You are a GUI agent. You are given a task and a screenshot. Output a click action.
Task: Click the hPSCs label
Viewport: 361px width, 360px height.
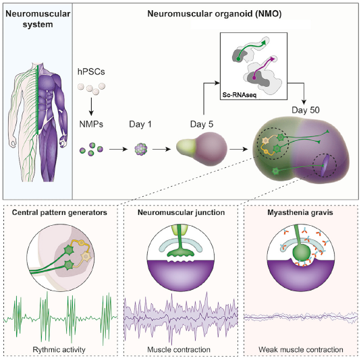point(91,71)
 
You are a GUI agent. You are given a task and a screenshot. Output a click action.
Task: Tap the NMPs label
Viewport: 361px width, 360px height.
point(91,124)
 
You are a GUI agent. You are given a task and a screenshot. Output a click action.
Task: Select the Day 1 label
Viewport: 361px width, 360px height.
point(140,124)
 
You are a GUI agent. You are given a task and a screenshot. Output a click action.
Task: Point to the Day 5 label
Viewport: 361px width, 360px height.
point(202,124)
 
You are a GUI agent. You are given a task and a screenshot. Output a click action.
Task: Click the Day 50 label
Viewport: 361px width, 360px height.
point(306,110)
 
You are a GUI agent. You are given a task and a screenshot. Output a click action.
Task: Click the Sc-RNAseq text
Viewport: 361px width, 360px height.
point(240,95)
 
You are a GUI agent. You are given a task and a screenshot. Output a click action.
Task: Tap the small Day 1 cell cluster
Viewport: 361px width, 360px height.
point(140,149)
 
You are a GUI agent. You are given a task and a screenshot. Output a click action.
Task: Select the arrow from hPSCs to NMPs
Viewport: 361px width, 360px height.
point(91,107)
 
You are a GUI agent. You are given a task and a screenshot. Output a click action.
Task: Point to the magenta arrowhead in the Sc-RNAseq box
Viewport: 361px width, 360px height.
point(273,59)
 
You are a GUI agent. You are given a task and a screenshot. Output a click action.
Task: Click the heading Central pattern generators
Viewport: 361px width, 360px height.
point(59,212)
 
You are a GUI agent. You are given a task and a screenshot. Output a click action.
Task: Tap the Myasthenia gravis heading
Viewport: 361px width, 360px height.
point(300,212)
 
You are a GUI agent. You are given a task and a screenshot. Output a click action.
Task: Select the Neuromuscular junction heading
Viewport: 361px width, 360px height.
point(182,212)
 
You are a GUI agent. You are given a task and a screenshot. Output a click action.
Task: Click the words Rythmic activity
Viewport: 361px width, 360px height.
point(59,350)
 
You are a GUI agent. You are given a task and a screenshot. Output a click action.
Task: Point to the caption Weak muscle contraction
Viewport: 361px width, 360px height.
point(301,350)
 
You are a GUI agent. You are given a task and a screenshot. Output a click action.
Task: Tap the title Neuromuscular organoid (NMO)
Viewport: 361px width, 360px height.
point(215,13)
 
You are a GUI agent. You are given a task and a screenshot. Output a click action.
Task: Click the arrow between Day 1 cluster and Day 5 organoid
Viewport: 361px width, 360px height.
point(161,149)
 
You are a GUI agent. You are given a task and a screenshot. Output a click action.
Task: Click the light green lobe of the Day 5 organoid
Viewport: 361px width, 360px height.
point(186,147)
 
